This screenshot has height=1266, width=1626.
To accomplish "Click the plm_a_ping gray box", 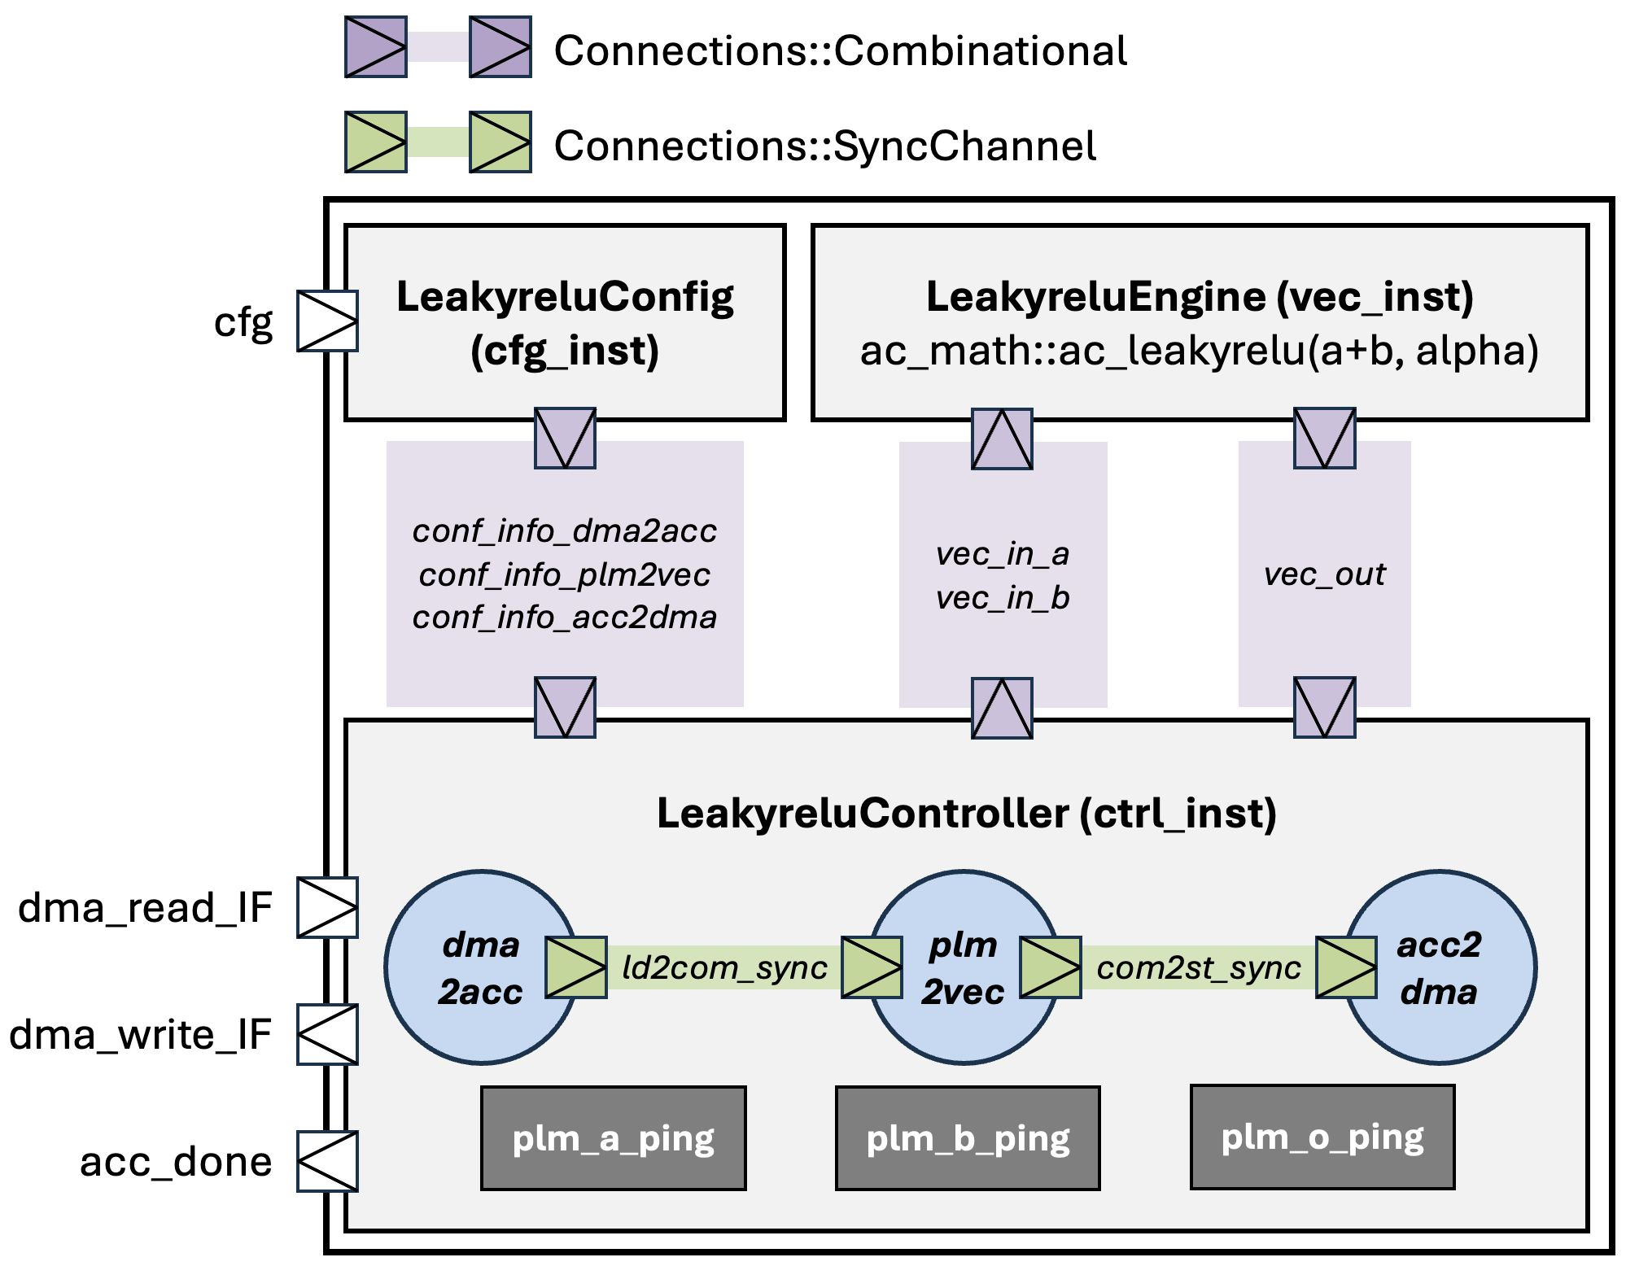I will [613, 1138].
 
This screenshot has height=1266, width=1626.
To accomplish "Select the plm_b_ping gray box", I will [968, 1138].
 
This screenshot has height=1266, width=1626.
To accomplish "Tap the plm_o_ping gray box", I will [1322, 1137].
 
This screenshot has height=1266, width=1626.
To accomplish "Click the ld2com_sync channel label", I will [724, 968].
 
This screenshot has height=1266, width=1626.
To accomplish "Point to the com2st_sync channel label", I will [1199, 968].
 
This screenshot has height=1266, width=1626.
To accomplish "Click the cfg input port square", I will [327, 321].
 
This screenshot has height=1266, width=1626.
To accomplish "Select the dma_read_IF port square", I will [327, 907].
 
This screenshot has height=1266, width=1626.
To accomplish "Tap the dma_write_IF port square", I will [327, 1034].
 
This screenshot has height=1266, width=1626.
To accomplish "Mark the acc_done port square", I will [327, 1161].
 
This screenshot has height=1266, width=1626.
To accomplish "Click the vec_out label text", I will [1324, 574].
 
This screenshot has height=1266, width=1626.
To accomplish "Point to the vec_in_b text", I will [1002, 598].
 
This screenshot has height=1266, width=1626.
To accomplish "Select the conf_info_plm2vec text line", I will [564, 574].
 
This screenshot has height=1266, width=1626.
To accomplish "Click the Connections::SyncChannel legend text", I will [824, 146].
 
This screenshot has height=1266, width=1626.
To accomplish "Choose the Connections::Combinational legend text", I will [840, 51].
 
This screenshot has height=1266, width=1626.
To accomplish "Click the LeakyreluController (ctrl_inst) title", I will [966, 814].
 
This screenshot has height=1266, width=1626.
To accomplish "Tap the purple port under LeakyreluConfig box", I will [565, 439].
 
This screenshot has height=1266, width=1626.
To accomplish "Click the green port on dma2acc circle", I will [576, 967].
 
